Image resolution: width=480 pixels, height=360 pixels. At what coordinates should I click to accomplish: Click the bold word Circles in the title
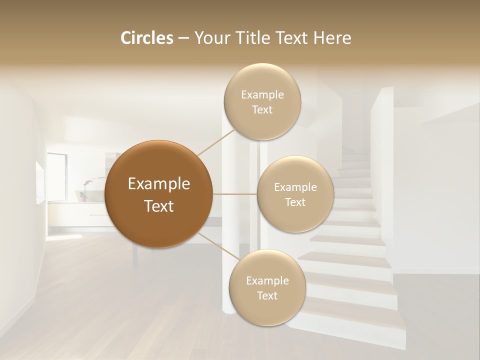click(147, 38)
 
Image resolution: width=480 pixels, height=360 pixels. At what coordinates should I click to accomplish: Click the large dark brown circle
click(159, 194)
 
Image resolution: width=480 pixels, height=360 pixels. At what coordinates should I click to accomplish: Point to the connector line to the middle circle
click(235, 194)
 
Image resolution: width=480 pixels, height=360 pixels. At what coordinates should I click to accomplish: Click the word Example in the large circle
click(159, 184)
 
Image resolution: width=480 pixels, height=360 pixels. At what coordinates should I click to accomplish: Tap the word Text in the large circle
click(159, 206)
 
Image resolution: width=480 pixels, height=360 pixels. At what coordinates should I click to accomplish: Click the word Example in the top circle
click(262, 95)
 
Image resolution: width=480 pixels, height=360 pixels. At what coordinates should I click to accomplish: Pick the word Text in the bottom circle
click(267, 296)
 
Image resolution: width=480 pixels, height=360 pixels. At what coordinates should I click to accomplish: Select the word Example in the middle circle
click(295, 187)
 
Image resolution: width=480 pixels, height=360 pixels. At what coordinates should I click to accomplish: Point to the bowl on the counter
click(84, 195)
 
